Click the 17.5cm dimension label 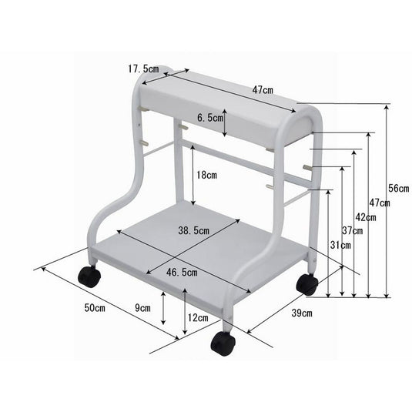[143, 69]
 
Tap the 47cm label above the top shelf [263, 90]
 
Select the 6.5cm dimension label [209, 119]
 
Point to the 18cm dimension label [206, 175]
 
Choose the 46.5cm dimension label [181, 272]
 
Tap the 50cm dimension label [95, 307]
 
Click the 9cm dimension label [142, 307]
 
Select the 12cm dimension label [197, 317]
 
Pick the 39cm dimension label [302, 313]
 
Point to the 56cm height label [398, 188]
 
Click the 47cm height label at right [379, 203]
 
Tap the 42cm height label [366, 218]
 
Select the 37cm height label [353, 231]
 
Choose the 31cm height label [340, 245]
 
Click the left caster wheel [89, 276]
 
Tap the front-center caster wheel [223, 343]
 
